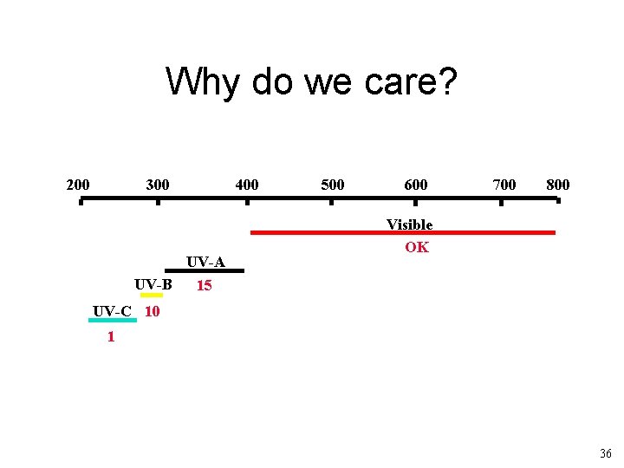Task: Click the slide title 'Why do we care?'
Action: coord(311,82)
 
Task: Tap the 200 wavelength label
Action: coord(78,185)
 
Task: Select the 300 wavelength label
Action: coord(158,185)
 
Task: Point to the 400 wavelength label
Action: coord(247,185)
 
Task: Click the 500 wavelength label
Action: coord(332,185)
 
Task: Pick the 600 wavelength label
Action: coord(415,185)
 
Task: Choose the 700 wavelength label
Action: coord(504,185)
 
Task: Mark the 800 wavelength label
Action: coord(557,185)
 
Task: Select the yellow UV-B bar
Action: coord(152,295)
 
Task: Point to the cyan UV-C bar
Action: coord(112,320)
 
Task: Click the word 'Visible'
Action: coord(409,224)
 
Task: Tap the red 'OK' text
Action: coord(416,247)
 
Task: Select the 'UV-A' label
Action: coord(205,262)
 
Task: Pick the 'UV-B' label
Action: coord(153,284)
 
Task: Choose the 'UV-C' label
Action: coord(112,311)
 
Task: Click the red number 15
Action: coord(204,285)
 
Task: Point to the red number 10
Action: coord(152,311)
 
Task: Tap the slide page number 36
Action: coord(605,453)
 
